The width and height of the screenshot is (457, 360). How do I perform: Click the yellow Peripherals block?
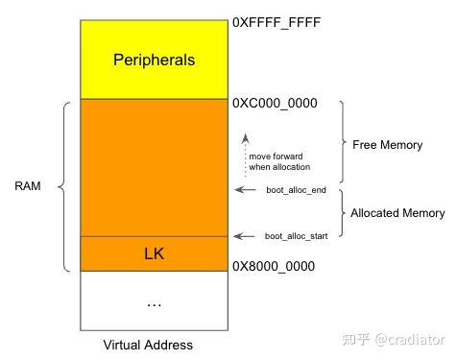[x=154, y=82]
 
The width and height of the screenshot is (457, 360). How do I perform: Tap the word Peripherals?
[x=154, y=60]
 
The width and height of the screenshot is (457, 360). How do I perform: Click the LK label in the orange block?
[x=154, y=254]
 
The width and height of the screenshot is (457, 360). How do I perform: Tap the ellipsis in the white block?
[x=154, y=303]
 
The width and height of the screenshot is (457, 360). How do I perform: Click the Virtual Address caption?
[x=148, y=345]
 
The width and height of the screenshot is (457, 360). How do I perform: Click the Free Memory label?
[x=388, y=145]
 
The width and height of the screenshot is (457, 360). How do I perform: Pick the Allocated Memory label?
[x=397, y=213]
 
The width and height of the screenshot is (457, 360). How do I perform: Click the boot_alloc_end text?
[x=297, y=191]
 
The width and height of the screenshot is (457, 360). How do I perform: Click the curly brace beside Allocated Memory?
[x=342, y=212]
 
